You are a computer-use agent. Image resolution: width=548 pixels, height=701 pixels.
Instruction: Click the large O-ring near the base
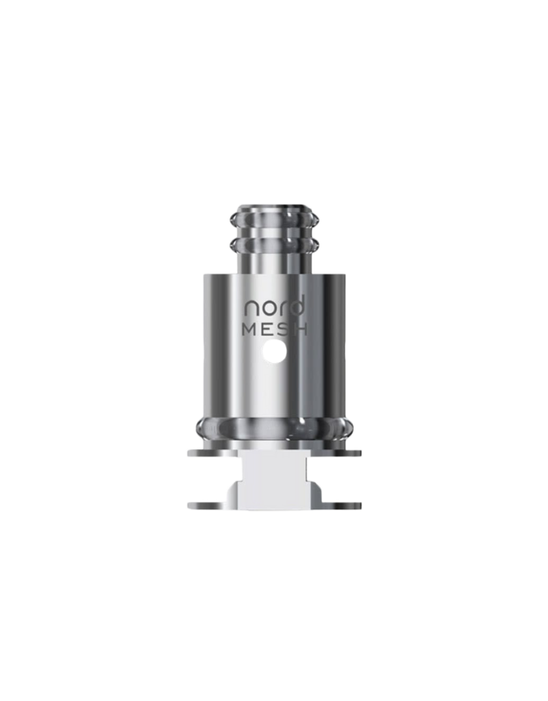coord(274,427)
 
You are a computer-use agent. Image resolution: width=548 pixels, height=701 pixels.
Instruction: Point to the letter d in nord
coord(299,305)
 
